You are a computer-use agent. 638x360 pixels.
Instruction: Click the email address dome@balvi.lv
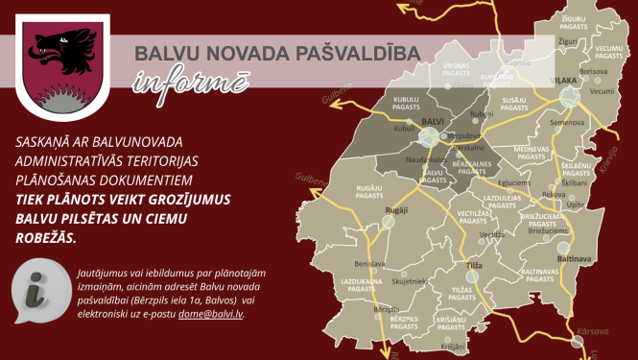(210, 313)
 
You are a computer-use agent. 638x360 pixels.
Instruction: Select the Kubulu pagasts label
(407, 105)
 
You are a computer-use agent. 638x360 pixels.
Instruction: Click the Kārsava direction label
(593, 331)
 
